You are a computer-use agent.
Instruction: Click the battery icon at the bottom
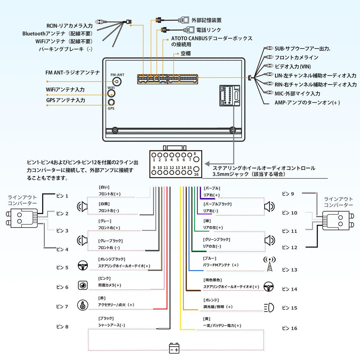tap(174, 348)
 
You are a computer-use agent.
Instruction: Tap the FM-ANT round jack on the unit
tap(117, 82)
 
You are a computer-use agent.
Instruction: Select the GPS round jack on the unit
tap(111, 102)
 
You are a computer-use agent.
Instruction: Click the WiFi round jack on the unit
tap(111, 93)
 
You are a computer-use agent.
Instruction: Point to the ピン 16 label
tap(289, 328)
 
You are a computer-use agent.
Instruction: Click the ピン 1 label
tap(62, 196)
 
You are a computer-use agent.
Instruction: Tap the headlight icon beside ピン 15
tap(269, 308)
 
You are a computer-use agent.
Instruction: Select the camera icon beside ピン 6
tap(83, 285)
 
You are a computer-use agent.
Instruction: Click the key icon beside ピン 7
tap(83, 305)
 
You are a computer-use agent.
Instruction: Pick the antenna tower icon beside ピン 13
tap(269, 264)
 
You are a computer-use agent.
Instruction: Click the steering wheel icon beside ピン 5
tap(83, 265)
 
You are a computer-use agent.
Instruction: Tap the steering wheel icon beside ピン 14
tap(269, 287)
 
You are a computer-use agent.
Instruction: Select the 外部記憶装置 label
tap(206, 20)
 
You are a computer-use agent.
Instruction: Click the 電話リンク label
tap(208, 30)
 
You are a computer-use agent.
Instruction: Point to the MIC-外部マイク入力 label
tap(297, 94)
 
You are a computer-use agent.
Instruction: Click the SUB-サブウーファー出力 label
tap(302, 49)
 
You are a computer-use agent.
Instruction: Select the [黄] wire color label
tap(207, 319)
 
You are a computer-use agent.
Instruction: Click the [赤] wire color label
tap(102, 298)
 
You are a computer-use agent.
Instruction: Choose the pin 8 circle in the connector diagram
tap(196, 159)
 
